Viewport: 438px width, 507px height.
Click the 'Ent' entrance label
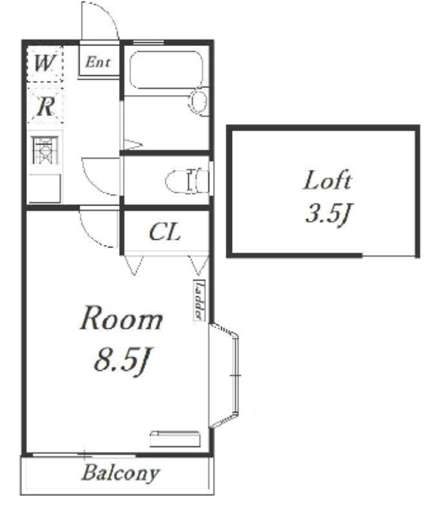pyautogui.click(x=98, y=62)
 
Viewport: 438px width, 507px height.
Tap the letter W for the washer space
pyautogui.click(x=44, y=63)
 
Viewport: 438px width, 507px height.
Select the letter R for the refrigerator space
pyautogui.click(x=45, y=106)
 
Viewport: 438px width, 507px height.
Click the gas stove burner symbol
pyautogui.click(x=45, y=151)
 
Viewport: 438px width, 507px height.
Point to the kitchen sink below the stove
pyautogui.click(x=44, y=189)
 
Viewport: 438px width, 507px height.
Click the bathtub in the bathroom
pyautogui.click(x=166, y=69)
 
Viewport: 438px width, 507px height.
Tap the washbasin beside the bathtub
pyautogui.click(x=199, y=101)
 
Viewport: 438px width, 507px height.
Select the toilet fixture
pyautogui.click(x=187, y=181)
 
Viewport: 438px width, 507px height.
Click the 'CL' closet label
pyautogui.click(x=165, y=232)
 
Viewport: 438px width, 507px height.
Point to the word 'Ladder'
pyautogui.click(x=199, y=299)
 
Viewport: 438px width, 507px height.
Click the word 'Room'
pyautogui.click(x=121, y=318)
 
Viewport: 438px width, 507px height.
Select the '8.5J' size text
pyautogui.click(x=123, y=360)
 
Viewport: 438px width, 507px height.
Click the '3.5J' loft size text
pyautogui.click(x=329, y=214)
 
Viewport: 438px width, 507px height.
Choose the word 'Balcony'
pyautogui.click(x=120, y=473)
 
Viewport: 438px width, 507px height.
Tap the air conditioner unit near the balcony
pyautogui.click(x=175, y=439)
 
